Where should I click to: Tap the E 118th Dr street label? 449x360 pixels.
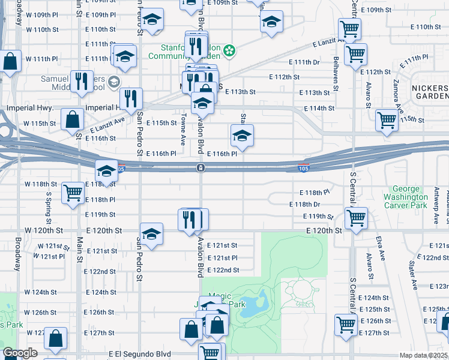[308, 204]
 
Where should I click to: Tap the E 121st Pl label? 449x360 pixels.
[222, 258]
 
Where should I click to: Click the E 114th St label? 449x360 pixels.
[319, 108]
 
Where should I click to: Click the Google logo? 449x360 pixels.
[20, 353]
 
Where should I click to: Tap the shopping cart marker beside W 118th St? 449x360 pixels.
[73, 193]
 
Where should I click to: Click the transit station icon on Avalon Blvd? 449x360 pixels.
[200, 168]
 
